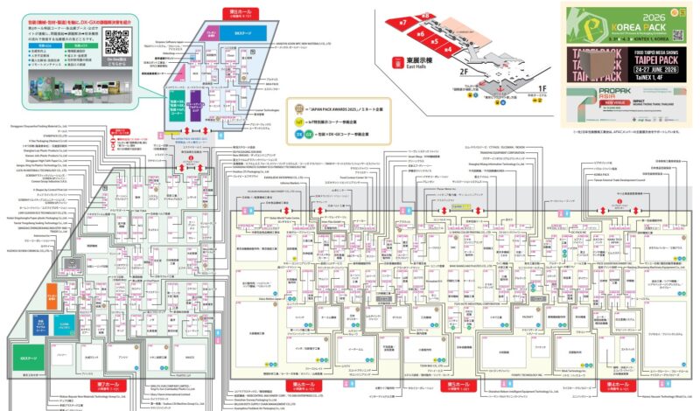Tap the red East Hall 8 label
coord(426,14)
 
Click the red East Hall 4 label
coord(448,50)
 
